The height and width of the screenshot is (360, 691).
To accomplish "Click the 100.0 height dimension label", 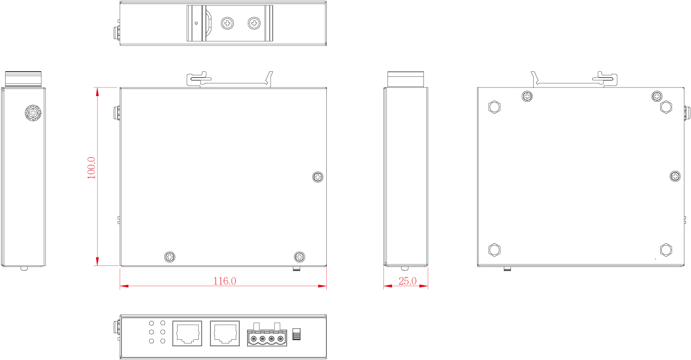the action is click(92, 168).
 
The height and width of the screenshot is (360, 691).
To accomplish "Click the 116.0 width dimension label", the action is click(225, 281).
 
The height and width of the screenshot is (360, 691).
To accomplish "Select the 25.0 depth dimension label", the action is click(408, 281).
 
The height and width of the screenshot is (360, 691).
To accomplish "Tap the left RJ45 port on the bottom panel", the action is click(187, 334).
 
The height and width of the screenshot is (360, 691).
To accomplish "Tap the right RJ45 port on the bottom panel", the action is click(225, 334).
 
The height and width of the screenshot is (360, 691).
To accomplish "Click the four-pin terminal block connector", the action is click(267, 335).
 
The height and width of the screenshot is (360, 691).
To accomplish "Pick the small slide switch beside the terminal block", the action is click(296, 334).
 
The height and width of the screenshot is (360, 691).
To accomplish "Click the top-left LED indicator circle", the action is click(151, 323).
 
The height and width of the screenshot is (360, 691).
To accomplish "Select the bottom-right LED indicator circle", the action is click(163, 341).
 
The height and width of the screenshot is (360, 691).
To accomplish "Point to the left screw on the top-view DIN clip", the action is click(228, 23).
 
